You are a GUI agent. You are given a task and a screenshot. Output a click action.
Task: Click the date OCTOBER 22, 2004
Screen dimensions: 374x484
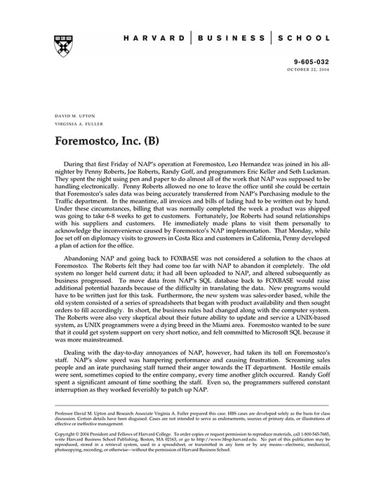[305, 69]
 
